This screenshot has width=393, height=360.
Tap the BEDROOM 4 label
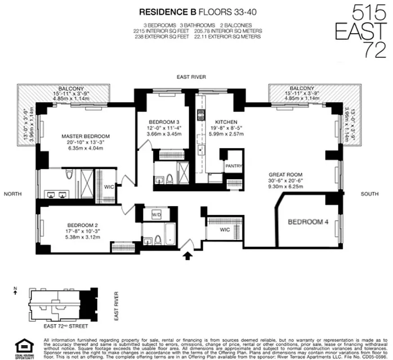(x=305, y=222)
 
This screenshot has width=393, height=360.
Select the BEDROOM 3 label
(x=165, y=121)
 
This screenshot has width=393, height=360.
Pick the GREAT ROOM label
(x=285, y=175)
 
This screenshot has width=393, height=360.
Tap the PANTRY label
(x=233, y=166)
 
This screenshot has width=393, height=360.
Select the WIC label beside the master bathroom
(x=109, y=186)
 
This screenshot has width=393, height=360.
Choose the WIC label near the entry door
(x=224, y=230)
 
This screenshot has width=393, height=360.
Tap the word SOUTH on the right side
(x=369, y=194)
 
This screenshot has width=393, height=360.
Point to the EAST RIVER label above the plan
(x=191, y=77)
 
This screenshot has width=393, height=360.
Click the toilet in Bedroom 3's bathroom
(x=170, y=179)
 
